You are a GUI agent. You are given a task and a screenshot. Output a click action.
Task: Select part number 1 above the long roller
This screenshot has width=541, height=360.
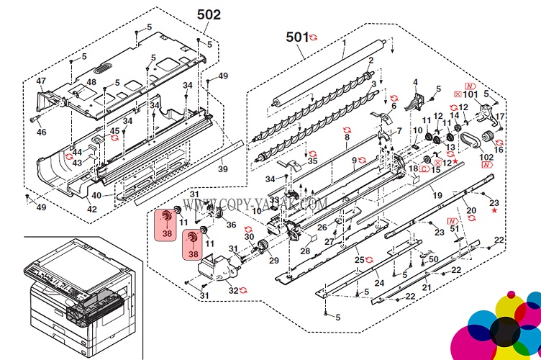coord(345,44)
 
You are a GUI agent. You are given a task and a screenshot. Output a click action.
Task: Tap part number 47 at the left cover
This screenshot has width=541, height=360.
coord(41,81)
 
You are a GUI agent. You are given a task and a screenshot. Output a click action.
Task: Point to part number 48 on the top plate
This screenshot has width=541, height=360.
coord(91,83)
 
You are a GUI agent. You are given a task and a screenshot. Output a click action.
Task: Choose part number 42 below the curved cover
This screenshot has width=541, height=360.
coord(91,209)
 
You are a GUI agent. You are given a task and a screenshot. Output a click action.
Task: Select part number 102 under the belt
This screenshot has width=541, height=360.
coord(487,157)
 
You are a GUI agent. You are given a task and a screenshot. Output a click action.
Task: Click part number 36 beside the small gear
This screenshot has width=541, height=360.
coord(231,225)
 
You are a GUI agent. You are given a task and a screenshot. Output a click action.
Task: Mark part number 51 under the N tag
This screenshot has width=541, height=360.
coord(454,229)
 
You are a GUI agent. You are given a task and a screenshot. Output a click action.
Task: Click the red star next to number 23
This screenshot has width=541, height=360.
coord(494,212)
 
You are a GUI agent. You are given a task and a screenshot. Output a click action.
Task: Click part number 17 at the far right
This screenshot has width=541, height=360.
coord(501,117)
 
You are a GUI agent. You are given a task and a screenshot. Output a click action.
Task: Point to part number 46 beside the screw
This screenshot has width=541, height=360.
coord(41,132)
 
